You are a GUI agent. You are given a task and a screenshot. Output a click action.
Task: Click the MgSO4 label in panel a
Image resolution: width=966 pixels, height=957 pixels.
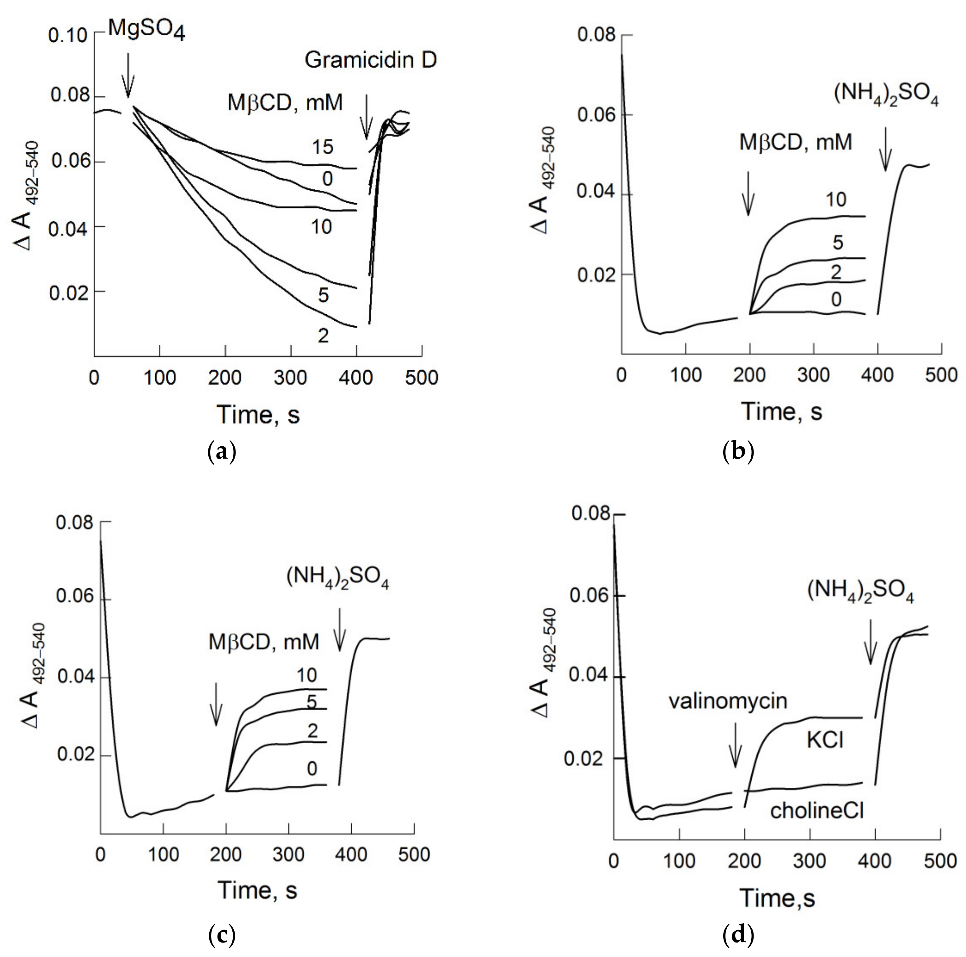(x=146, y=30)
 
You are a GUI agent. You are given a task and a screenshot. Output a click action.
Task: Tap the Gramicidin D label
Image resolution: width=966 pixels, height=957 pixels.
(x=371, y=61)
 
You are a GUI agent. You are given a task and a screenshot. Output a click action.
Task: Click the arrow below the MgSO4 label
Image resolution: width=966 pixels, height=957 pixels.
(x=128, y=75)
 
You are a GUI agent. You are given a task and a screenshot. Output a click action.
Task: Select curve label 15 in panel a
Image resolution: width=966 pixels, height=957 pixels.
(x=323, y=147)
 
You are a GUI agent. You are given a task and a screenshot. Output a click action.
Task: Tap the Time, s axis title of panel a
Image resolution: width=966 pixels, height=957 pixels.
(x=258, y=414)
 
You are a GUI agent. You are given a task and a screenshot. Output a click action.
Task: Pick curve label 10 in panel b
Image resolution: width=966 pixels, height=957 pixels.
(x=836, y=200)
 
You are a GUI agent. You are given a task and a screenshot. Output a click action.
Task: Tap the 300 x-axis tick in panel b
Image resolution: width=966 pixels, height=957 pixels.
(x=814, y=375)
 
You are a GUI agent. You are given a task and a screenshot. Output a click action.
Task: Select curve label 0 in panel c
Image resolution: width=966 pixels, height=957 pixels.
(x=312, y=769)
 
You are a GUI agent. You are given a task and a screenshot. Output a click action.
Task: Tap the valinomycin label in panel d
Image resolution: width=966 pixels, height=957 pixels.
(x=728, y=702)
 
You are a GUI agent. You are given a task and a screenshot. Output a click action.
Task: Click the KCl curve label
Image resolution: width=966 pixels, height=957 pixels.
(x=825, y=740)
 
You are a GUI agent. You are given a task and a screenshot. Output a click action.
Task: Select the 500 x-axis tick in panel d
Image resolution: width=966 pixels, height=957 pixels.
(x=940, y=861)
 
